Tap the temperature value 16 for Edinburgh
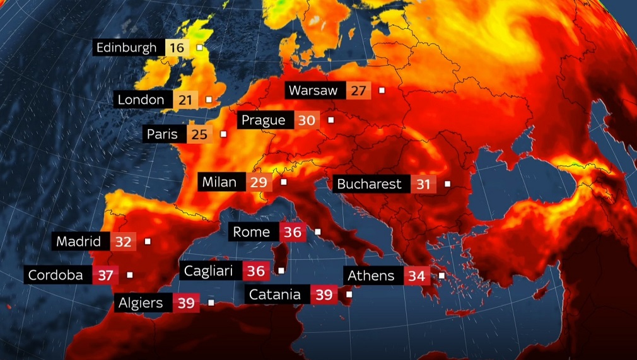tap(176, 47)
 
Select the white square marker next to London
tap(209, 100)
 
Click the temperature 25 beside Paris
tap(199, 134)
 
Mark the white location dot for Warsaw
tap(382, 91)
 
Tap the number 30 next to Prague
tap(306, 120)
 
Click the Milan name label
tap(219, 183)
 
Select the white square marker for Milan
tap(284, 182)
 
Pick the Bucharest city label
tap(370, 184)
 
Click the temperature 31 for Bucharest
tap(423, 184)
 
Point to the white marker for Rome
tap(317, 232)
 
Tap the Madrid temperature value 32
tap(123, 241)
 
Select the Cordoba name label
tap(56, 276)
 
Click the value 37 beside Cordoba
tap(105, 276)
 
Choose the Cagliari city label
tap(209, 271)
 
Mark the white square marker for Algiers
tap(211, 303)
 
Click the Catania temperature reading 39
tap(324, 294)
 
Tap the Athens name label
tap(371, 276)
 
